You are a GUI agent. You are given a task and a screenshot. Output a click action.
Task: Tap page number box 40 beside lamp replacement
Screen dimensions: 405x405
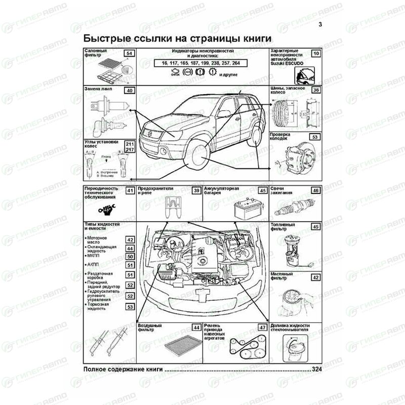click(129, 90)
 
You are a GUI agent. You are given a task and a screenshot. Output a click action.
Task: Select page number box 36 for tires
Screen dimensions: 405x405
click(315, 90)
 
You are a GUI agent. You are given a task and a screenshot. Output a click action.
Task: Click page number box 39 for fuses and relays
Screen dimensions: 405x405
click(196, 190)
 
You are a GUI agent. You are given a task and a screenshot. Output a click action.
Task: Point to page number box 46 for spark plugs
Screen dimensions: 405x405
click(315, 190)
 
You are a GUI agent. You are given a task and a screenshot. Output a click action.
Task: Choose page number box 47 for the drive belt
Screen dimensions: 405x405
click(262, 327)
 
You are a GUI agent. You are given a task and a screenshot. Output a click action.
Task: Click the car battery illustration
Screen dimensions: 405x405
click(247, 209)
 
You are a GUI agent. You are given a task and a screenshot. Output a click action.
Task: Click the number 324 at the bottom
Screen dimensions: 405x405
click(317, 370)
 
